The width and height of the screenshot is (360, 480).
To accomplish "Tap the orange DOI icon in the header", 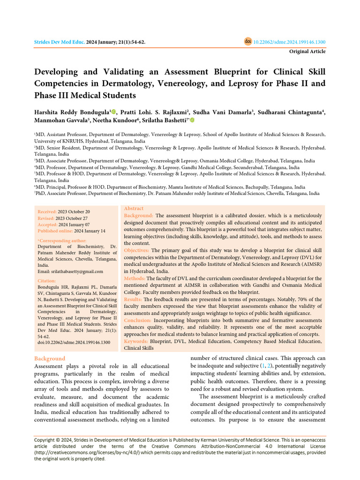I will pos(248,41).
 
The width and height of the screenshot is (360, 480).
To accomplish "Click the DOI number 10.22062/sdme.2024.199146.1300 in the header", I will pos(289,42).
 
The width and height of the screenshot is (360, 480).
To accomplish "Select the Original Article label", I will pos(307,52).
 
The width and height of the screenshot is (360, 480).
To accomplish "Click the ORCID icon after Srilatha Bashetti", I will pos(192,121).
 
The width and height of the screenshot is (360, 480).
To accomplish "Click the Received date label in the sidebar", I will pos(47,212).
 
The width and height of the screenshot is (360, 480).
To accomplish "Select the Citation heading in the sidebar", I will pos(47,281).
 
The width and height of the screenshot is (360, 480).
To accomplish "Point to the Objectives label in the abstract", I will pos(137,250).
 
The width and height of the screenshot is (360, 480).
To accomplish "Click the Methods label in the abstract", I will pos(134,278).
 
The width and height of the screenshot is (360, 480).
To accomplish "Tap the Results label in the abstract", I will pos(133,299).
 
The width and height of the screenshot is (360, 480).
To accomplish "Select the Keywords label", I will pos(136,341).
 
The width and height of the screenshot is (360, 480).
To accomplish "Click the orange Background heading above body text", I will pos(50,359).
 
